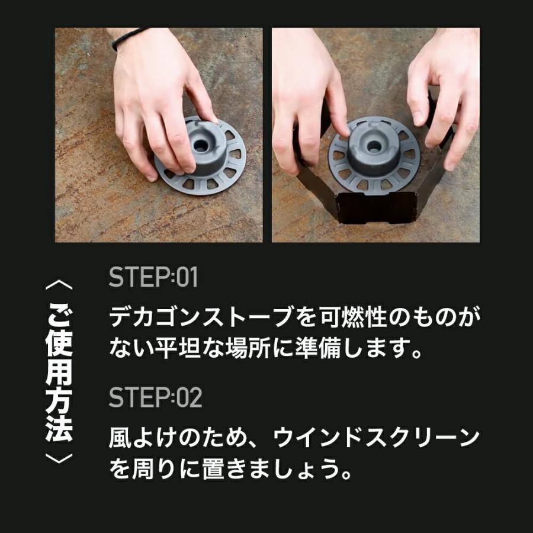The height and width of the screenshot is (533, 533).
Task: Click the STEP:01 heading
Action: (x=153, y=277)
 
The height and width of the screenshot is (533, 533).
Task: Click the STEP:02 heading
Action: (x=155, y=397)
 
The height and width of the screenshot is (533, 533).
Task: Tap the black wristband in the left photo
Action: (x=130, y=38)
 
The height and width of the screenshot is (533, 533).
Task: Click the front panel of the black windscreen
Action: (x=376, y=207)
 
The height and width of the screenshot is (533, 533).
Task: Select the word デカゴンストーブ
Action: (x=201, y=317)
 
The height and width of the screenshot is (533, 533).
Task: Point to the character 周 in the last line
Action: (x=144, y=468)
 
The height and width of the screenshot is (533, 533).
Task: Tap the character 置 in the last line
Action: (x=213, y=468)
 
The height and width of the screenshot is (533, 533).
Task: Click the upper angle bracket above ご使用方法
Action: (x=59, y=285)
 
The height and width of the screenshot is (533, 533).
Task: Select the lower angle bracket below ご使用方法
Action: (x=59, y=458)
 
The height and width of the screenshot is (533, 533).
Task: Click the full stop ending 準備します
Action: (x=416, y=354)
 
